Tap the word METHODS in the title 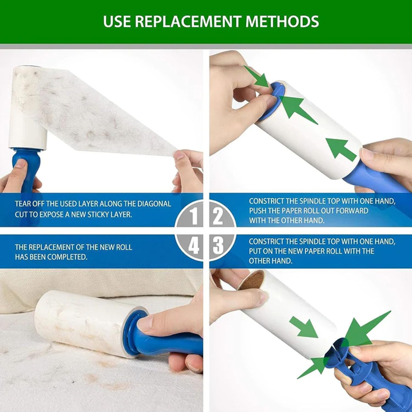coord(282,21)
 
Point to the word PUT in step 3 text coord(255,251)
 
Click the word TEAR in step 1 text coord(23,204)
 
